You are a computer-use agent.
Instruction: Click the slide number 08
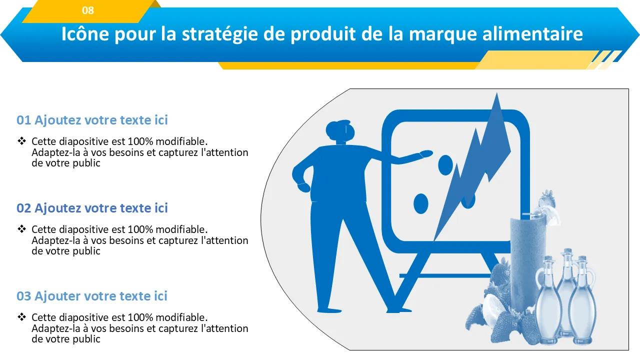pyautogui.click(x=87, y=10)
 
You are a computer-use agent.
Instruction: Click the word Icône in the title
pyautogui.click(x=85, y=33)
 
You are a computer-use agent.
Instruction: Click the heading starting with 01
pyautogui.click(x=92, y=120)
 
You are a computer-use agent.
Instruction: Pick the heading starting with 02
pyautogui.click(x=92, y=208)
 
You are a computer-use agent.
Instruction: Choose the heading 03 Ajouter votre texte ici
pyautogui.click(x=91, y=296)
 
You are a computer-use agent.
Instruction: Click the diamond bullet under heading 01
pyautogui.click(x=21, y=141)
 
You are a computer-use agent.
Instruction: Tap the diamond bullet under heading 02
pyautogui.click(x=21, y=229)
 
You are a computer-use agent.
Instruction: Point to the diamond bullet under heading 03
pyautogui.click(x=21, y=317)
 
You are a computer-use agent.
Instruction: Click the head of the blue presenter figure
pyautogui.click(x=340, y=130)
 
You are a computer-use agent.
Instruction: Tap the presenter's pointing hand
pyautogui.click(x=426, y=153)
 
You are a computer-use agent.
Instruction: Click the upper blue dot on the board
pyautogui.click(x=445, y=165)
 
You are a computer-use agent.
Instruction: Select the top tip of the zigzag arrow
pyautogui.click(x=496, y=92)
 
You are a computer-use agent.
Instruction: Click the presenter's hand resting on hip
pyautogui.click(x=304, y=187)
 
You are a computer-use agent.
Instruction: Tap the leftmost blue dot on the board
pyautogui.click(x=421, y=203)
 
